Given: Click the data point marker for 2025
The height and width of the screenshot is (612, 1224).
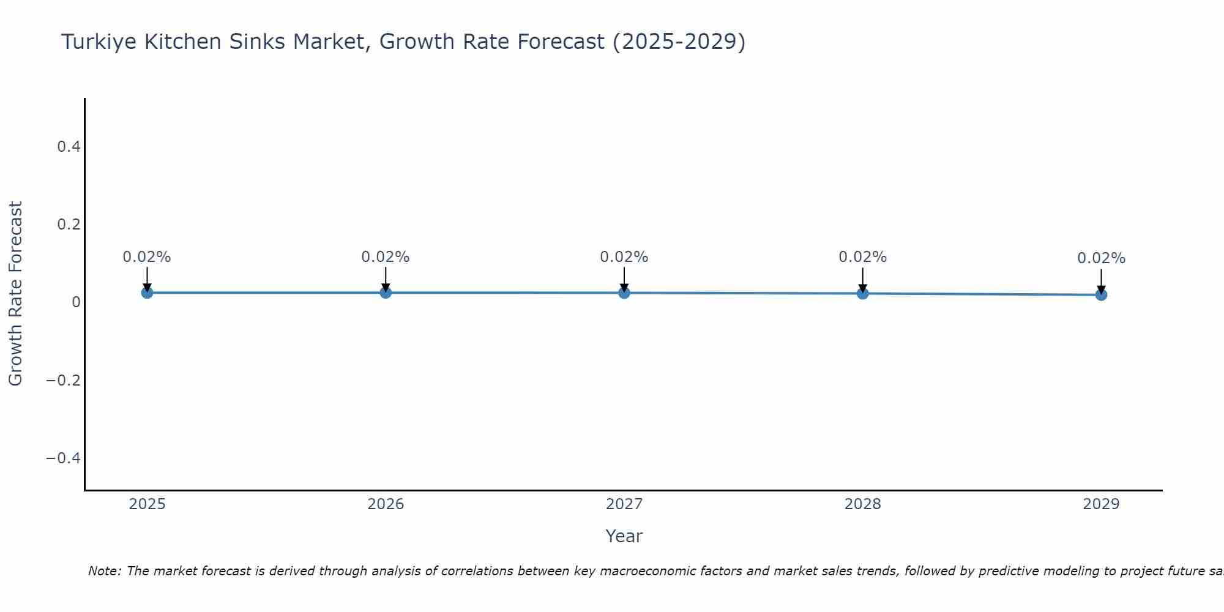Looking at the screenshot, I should click(147, 293).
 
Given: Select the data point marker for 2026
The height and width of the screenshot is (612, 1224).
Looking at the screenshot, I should click(386, 293).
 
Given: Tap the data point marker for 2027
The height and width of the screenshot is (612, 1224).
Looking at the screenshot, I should click(624, 293).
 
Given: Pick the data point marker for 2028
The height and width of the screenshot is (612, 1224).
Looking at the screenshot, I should click(862, 293).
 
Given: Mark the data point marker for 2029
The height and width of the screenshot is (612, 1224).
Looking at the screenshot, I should click(1101, 294).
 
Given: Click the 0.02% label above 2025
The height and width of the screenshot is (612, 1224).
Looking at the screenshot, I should click(147, 257).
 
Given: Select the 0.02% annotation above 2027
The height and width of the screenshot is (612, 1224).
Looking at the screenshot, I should click(624, 257).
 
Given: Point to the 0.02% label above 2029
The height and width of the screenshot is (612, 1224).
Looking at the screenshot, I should click(1101, 258).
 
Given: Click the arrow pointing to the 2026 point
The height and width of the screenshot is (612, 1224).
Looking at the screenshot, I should click(386, 278).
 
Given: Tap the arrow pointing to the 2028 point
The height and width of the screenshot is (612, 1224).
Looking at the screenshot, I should click(862, 279).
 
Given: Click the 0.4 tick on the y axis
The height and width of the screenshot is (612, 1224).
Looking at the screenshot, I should click(69, 146).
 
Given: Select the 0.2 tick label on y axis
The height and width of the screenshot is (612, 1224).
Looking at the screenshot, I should click(69, 224).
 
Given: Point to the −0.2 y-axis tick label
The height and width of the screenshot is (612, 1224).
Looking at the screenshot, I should click(63, 380).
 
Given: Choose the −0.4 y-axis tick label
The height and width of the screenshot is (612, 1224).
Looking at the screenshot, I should click(63, 458).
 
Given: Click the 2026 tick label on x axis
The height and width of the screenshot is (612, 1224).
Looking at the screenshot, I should click(386, 504).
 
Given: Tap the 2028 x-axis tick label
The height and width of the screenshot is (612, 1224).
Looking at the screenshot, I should click(862, 504).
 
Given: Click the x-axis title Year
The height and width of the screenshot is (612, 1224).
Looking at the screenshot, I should click(624, 536).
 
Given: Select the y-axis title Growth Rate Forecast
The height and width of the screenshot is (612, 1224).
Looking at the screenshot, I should click(15, 293).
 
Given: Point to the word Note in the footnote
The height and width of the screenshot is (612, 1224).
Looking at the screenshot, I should click(104, 571).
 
